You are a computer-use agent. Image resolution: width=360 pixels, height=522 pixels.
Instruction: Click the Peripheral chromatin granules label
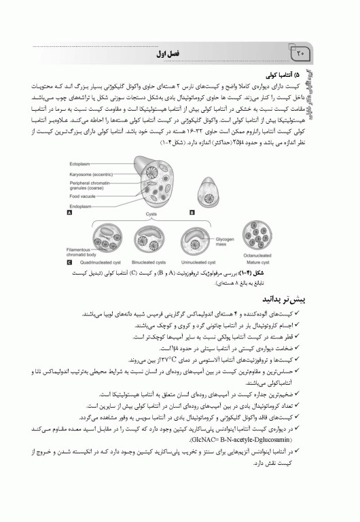[x=91, y=185]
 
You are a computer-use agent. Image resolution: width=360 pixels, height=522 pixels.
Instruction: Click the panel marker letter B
[x=192, y=213]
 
